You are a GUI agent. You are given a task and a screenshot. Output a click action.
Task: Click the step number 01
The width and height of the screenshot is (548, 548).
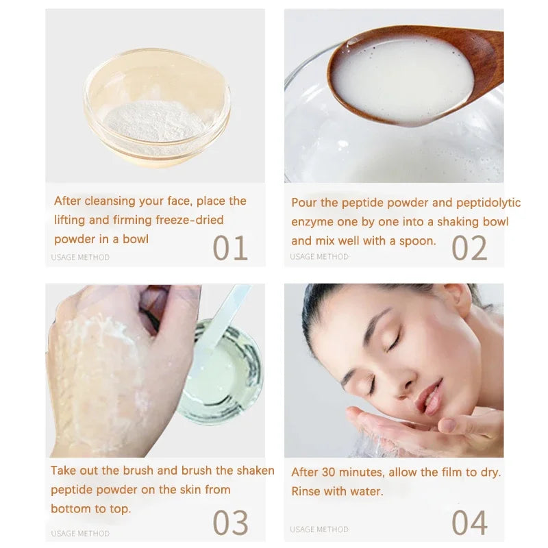pos(229,247)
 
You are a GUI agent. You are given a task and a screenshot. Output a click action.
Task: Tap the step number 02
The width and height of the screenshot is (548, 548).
pos(469,247)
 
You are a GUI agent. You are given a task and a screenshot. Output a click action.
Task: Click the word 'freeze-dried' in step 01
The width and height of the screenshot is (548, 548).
pos(189,220)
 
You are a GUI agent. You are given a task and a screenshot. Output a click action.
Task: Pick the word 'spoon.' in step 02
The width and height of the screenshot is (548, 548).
pos(419,240)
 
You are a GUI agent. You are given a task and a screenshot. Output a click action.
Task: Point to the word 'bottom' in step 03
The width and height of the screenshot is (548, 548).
pos(71,509)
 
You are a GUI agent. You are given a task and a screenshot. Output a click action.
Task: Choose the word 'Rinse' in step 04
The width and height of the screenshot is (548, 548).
pos(306,491)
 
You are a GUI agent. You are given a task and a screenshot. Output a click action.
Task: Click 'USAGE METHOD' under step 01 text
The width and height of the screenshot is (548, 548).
pos(80,258)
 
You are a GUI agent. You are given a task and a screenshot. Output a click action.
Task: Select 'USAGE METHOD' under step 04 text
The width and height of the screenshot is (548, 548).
pos(319,529)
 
